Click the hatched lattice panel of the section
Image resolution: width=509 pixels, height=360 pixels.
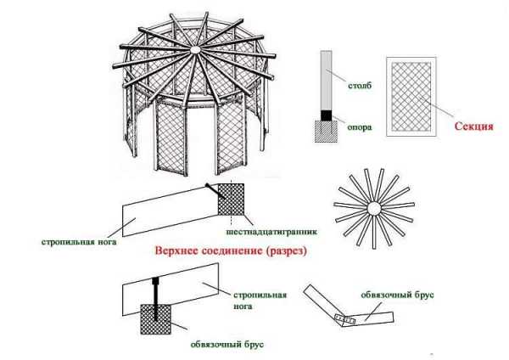411,96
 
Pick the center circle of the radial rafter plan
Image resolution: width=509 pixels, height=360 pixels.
372,207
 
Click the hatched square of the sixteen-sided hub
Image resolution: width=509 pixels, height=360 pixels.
230,200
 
